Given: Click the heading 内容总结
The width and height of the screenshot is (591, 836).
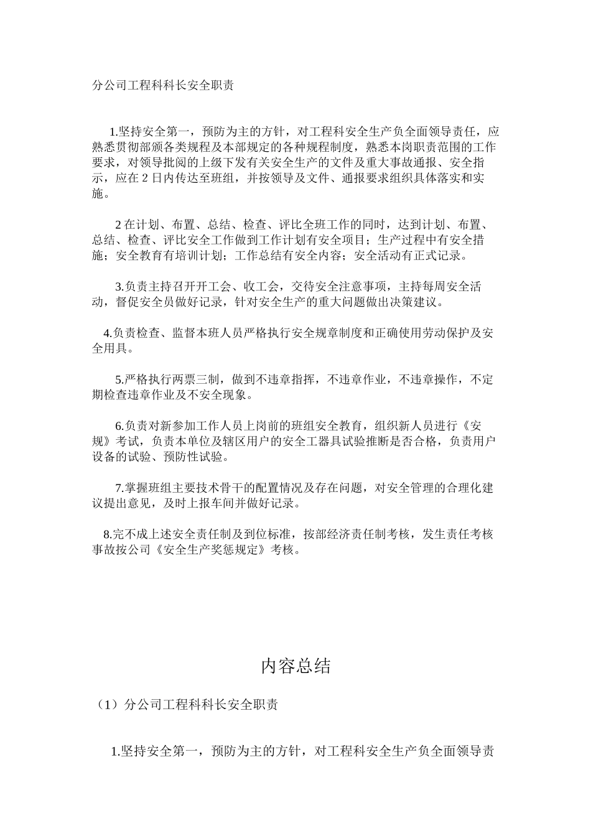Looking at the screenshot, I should (295, 666).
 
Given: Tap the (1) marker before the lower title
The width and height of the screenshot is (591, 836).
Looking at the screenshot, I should (106, 705).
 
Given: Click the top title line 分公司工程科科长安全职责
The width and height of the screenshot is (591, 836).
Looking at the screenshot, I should (162, 86).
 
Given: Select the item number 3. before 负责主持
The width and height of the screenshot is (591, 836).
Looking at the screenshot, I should (119, 287).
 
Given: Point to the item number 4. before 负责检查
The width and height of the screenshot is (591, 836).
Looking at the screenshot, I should (108, 333).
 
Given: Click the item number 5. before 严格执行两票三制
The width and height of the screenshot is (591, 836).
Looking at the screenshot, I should (119, 379).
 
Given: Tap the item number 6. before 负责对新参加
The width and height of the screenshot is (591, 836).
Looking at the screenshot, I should (119, 425).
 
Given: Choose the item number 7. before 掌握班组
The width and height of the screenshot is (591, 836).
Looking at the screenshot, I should (119, 488).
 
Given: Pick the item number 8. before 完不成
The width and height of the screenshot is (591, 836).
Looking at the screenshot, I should (108, 534).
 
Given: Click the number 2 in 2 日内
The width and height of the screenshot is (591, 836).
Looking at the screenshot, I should (144, 179).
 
